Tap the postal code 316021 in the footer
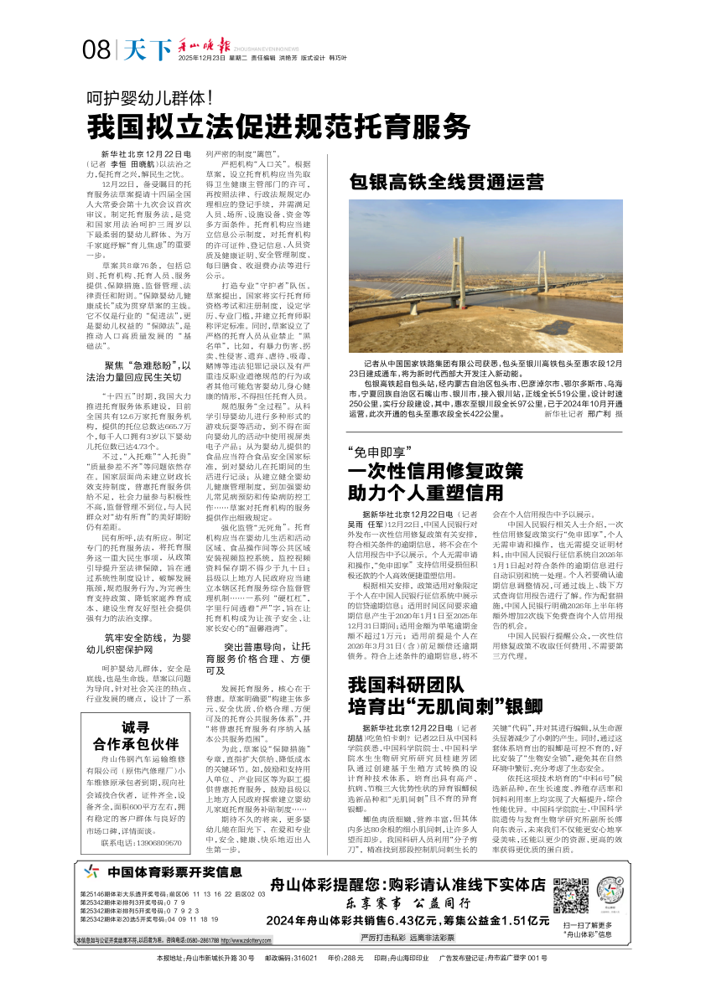(x=304, y=957)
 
